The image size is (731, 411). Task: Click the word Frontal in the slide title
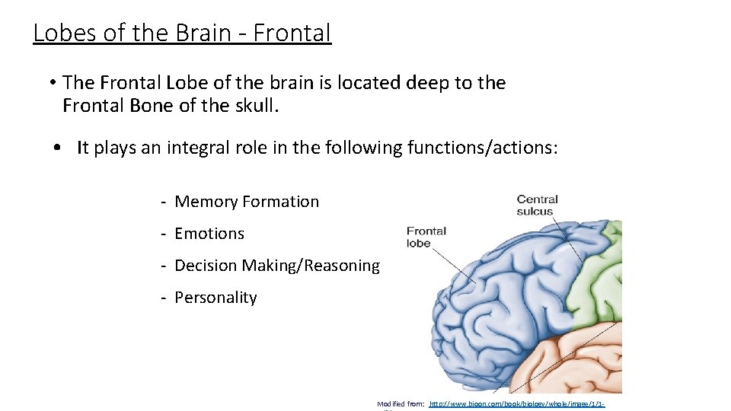(x=292, y=33)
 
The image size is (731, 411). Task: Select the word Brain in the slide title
(x=203, y=33)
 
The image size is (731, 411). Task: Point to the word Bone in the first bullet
(x=155, y=106)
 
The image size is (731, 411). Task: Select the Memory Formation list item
(x=246, y=202)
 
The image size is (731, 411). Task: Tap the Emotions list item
(x=209, y=234)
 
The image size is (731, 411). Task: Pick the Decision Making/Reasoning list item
(x=276, y=266)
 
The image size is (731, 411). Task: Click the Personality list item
(x=215, y=298)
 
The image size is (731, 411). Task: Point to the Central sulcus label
(x=538, y=205)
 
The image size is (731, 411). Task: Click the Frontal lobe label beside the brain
(x=426, y=237)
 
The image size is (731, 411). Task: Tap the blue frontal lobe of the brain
(x=495, y=304)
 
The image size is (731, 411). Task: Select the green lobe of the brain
(x=602, y=274)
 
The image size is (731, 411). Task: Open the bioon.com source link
(x=517, y=404)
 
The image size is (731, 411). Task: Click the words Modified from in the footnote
(x=400, y=404)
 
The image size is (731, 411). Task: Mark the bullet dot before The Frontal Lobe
(x=53, y=83)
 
